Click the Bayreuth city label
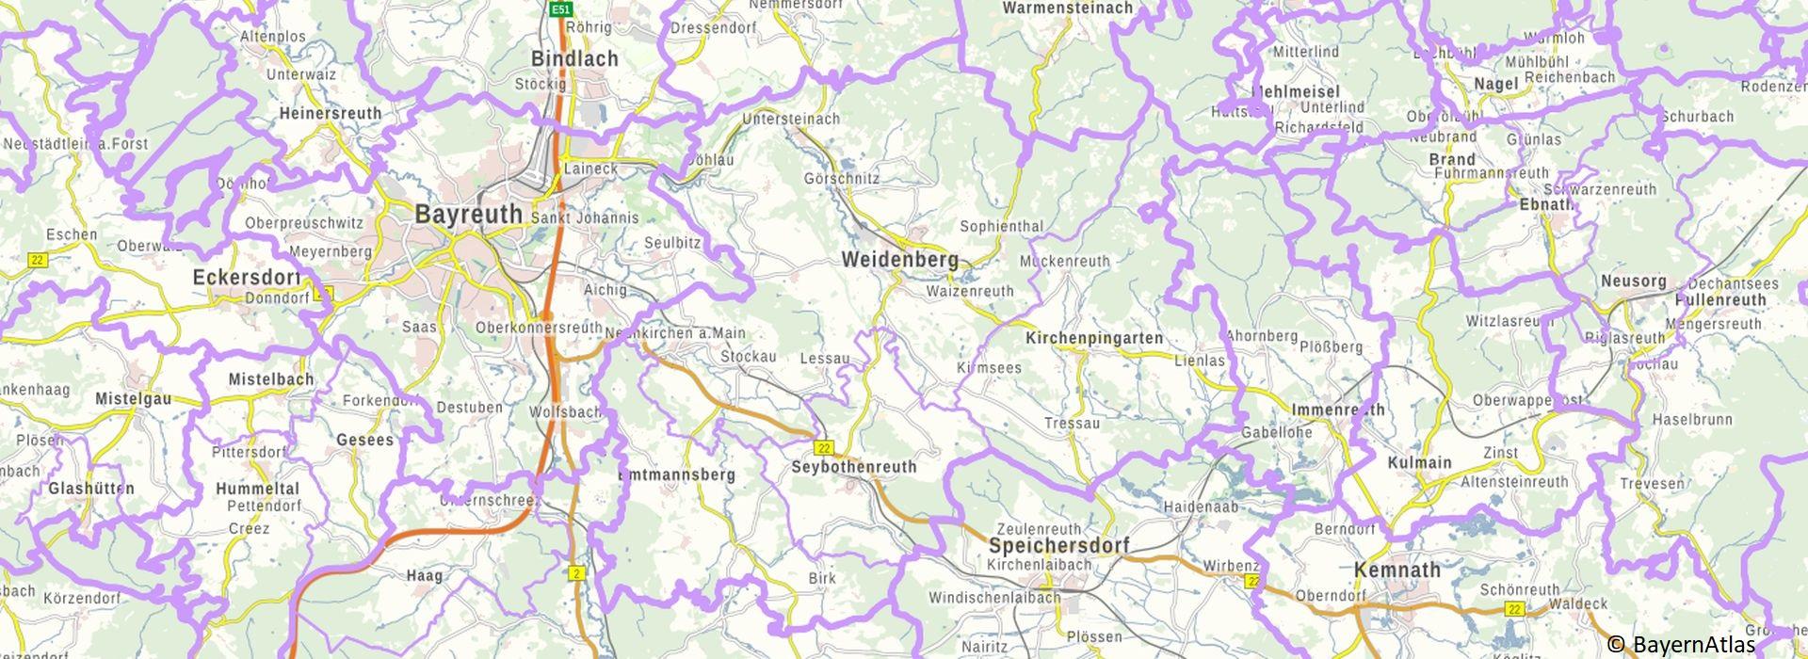(x=468, y=215)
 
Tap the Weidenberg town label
(x=899, y=259)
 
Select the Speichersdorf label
(x=1058, y=546)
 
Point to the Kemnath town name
(x=1397, y=570)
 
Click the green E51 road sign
(x=561, y=8)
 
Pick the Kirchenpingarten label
(x=1093, y=338)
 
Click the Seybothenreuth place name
(x=853, y=467)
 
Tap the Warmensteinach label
(x=1068, y=8)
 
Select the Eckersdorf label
(x=246, y=278)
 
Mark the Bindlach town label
(x=574, y=58)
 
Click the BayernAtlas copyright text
(x=1681, y=645)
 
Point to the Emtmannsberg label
(x=676, y=475)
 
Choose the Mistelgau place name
(x=133, y=399)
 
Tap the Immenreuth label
(x=1338, y=410)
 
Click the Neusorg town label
(x=1634, y=281)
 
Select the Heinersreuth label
(x=331, y=114)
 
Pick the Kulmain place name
(x=1419, y=462)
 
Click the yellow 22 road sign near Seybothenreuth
(x=824, y=447)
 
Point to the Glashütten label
(x=91, y=489)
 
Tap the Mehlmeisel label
(x=1295, y=92)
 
